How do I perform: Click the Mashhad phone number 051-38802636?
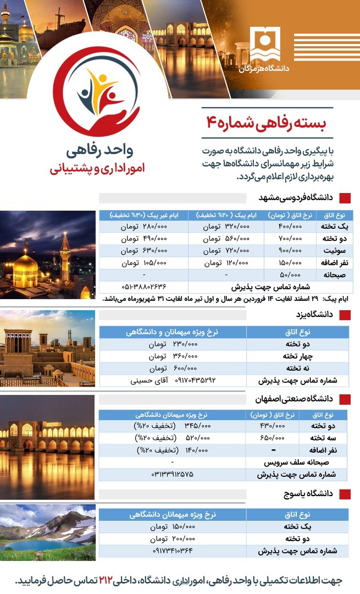pyautogui.click(x=143, y=287)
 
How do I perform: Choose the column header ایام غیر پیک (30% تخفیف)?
pyautogui.click(x=143, y=215)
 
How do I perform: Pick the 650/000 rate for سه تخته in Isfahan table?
pyautogui.click(x=272, y=438)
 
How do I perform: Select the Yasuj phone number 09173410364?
pyautogui.click(x=173, y=549)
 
